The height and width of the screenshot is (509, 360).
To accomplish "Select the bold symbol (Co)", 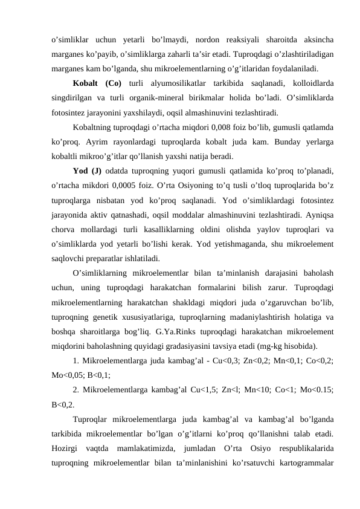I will (113, 82).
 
